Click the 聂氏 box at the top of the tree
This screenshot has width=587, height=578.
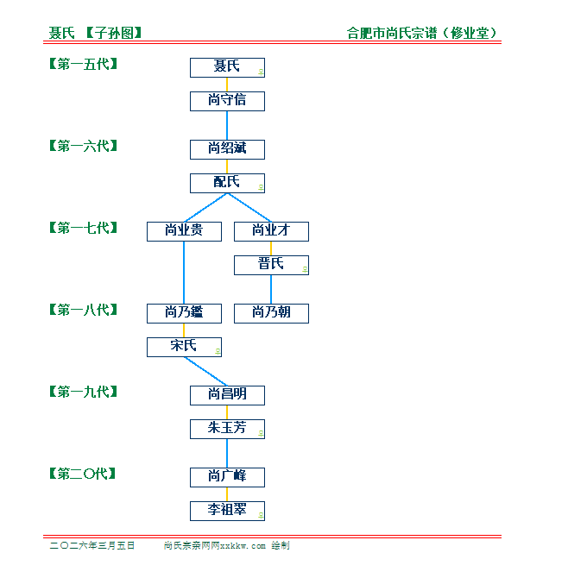[227, 67]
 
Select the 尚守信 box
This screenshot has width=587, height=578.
[227, 101]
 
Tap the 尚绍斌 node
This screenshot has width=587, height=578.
[227, 149]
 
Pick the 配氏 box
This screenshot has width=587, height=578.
[227, 183]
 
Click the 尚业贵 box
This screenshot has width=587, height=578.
[184, 231]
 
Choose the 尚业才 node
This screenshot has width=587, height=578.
[271, 231]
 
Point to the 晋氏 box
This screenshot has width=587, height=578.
[271, 265]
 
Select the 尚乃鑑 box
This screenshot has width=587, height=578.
[184, 313]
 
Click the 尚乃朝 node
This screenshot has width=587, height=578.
[271, 313]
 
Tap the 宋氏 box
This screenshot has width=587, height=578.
[184, 347]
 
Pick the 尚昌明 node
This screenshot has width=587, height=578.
[227, 395]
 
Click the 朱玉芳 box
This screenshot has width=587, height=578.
[227, 429]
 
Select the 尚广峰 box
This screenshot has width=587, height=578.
[227, 477]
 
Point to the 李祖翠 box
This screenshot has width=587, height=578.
[227, 511]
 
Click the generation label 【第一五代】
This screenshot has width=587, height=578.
[83, 64]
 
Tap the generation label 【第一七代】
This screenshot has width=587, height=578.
[83, 228]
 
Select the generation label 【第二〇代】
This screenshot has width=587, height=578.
[83, 474]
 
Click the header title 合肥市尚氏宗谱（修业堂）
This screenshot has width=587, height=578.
[423, 34]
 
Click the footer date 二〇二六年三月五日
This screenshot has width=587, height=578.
[92, 546]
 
